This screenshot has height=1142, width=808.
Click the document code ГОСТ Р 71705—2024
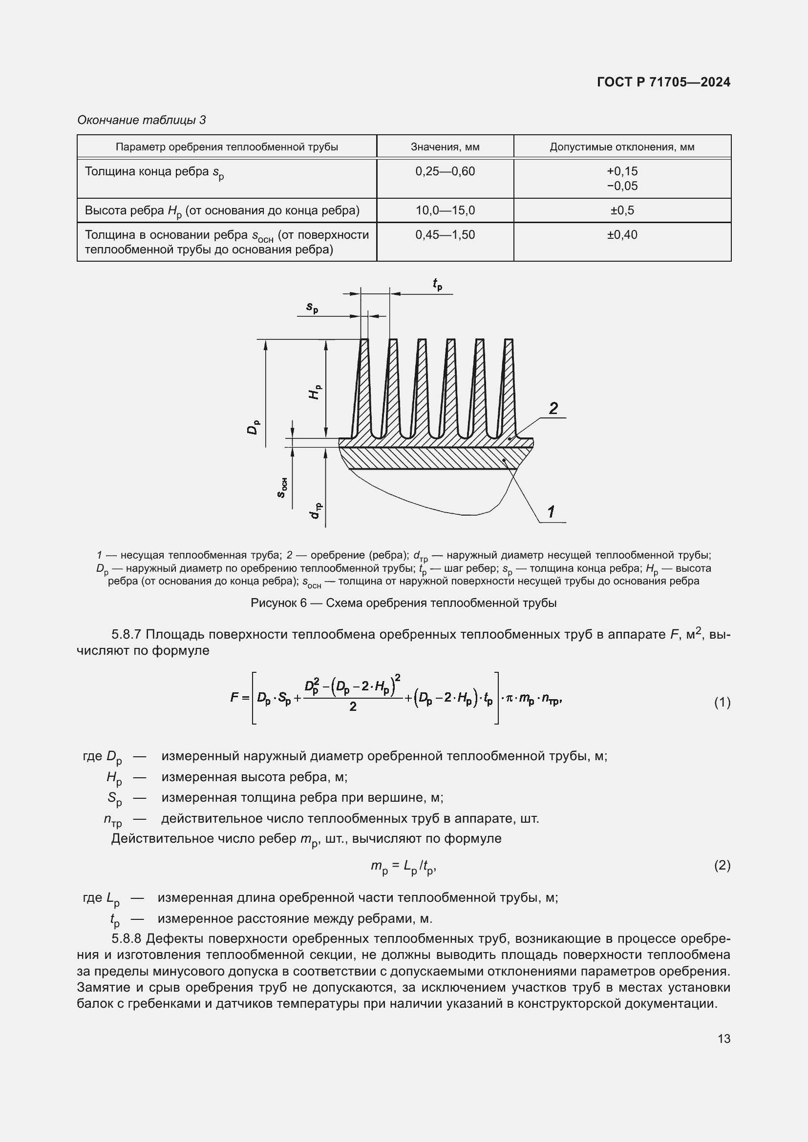pos(663,82)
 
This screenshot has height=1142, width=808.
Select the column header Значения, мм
pos(445,147)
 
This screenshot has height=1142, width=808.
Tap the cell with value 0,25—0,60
pos(445,171)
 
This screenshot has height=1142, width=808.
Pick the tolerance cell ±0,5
pos(622,210)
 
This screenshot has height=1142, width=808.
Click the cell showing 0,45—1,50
pos(445,235)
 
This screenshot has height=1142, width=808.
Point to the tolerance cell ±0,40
pos(622,235)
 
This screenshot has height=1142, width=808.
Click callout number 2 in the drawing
pos(553,408)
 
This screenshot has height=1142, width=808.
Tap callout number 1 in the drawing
pos(551,511)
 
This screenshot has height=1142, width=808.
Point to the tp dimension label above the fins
pos(437,284)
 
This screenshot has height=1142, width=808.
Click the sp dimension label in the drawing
pos(312,308)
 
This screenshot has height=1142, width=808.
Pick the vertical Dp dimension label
pos(253,427)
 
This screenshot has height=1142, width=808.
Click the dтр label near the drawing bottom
pos(316,511)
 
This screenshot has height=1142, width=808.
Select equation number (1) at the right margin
pos(722,702)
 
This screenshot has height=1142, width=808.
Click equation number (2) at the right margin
pos(722,866)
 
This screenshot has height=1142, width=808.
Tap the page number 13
pos(724,1038)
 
